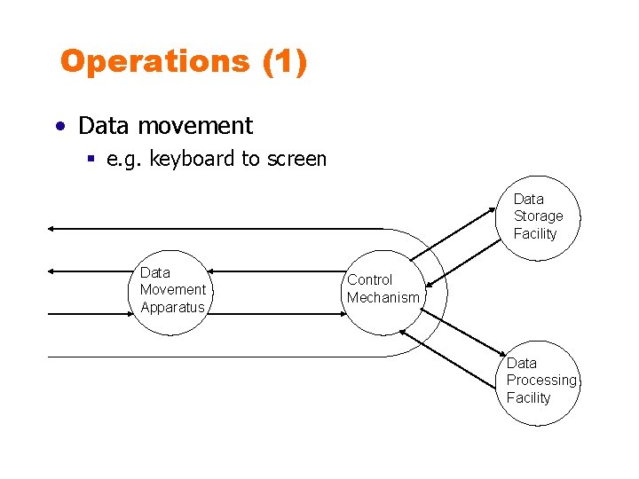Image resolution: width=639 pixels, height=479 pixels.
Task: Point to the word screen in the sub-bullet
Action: (296, 160)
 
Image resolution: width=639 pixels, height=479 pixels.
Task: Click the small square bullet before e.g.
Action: (91, 160)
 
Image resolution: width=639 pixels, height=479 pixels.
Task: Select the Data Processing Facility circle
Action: (537, 381)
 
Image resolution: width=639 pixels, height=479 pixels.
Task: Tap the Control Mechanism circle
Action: (383, 289)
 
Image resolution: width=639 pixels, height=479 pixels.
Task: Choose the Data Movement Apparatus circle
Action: (172, 290)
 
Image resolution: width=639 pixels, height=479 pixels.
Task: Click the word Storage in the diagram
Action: (538, 216)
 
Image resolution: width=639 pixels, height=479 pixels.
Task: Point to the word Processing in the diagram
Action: (541, 381)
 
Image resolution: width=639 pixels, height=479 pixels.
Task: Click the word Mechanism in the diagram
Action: (383, 298)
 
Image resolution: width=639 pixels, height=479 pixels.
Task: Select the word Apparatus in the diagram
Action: (172, 308)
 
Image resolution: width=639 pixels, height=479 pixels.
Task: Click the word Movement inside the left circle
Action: (173, 290)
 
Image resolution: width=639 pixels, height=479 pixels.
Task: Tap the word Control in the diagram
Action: (369, 280)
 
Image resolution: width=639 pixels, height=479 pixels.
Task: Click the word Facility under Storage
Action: (535, 234)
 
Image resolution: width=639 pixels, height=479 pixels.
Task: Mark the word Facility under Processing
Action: (529, 398)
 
